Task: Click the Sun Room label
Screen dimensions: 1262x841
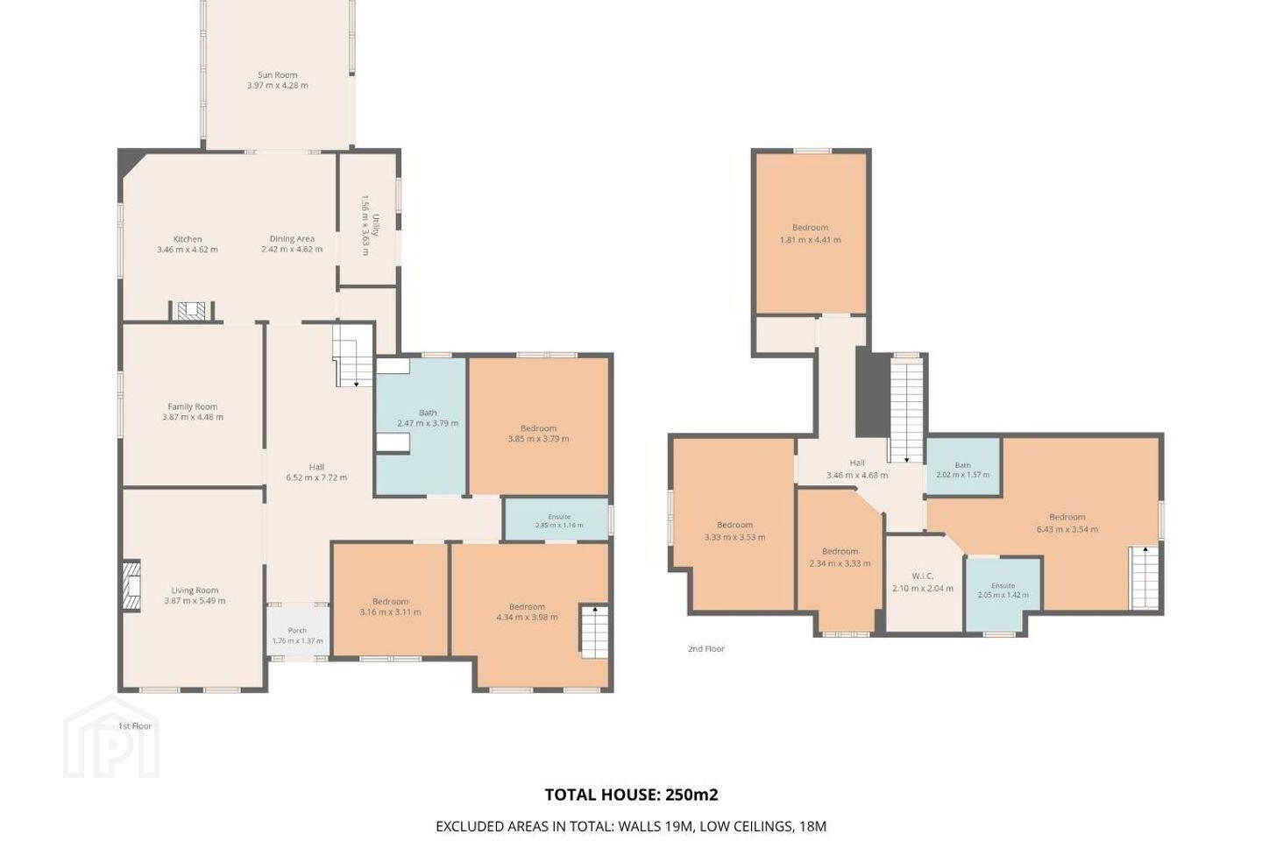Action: point(277,75)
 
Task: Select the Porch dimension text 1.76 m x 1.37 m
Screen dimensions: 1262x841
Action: point(297,640)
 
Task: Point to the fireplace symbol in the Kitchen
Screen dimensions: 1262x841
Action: point(192,310)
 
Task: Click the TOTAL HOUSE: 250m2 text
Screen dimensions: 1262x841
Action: point(631,795)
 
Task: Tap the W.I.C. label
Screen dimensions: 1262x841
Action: point(922,576)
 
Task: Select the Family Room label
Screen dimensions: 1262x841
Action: point(192,406)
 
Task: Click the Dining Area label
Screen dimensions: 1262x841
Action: point(292,238)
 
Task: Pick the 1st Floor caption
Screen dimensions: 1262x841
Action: point(135,726)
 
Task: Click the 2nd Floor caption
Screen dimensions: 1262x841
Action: point(706,648)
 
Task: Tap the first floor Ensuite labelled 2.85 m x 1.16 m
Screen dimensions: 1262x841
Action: point(559,520)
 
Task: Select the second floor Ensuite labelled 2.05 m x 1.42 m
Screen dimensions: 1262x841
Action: point(1003,591)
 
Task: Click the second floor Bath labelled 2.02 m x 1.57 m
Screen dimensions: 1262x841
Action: point(963,467)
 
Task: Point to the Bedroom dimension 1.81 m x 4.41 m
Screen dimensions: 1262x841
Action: point(810,239)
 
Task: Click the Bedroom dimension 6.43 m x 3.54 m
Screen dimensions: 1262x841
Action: point(1067,529)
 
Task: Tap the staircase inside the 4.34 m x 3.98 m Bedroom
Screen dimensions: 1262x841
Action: point(594,632)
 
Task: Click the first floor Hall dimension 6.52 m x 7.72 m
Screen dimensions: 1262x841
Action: point(316,477)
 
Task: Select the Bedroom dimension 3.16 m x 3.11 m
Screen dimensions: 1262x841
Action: point(390,611)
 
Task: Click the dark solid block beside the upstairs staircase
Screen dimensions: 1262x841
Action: point(871,392)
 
